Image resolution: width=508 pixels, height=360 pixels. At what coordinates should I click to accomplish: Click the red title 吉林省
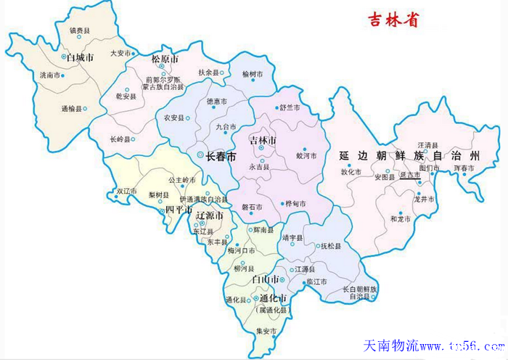(x=392, y=20)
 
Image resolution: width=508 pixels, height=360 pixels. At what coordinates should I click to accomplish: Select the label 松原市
(x=165, y=58)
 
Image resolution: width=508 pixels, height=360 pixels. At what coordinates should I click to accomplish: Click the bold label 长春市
(x=221, y=156)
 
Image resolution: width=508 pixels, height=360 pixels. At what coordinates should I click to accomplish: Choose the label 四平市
(x=178, y=210)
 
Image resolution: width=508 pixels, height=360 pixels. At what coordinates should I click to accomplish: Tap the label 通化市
(x=273, y=298)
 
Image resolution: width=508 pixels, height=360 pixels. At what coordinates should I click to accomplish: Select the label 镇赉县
(x=80, y=30)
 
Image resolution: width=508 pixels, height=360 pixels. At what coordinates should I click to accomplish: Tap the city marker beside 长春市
(x=200, y=155)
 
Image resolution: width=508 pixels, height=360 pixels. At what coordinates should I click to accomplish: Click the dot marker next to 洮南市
(x=62, y=75)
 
